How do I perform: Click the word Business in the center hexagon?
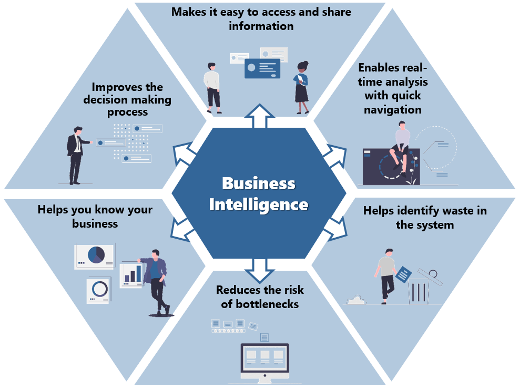click(x=258, y=183)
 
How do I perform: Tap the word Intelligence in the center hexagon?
click(x=258, y=205)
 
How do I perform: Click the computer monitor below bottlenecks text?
click(x=265, y=358)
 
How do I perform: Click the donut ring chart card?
click(x=99, y=289)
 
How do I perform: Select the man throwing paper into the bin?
click(x=386, y=276)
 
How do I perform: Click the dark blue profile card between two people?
click(x=262, y=68)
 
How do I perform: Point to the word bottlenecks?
click(x=267, y=304)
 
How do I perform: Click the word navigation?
click(x=393, y=110)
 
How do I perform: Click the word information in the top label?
click(x=261, y=26)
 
